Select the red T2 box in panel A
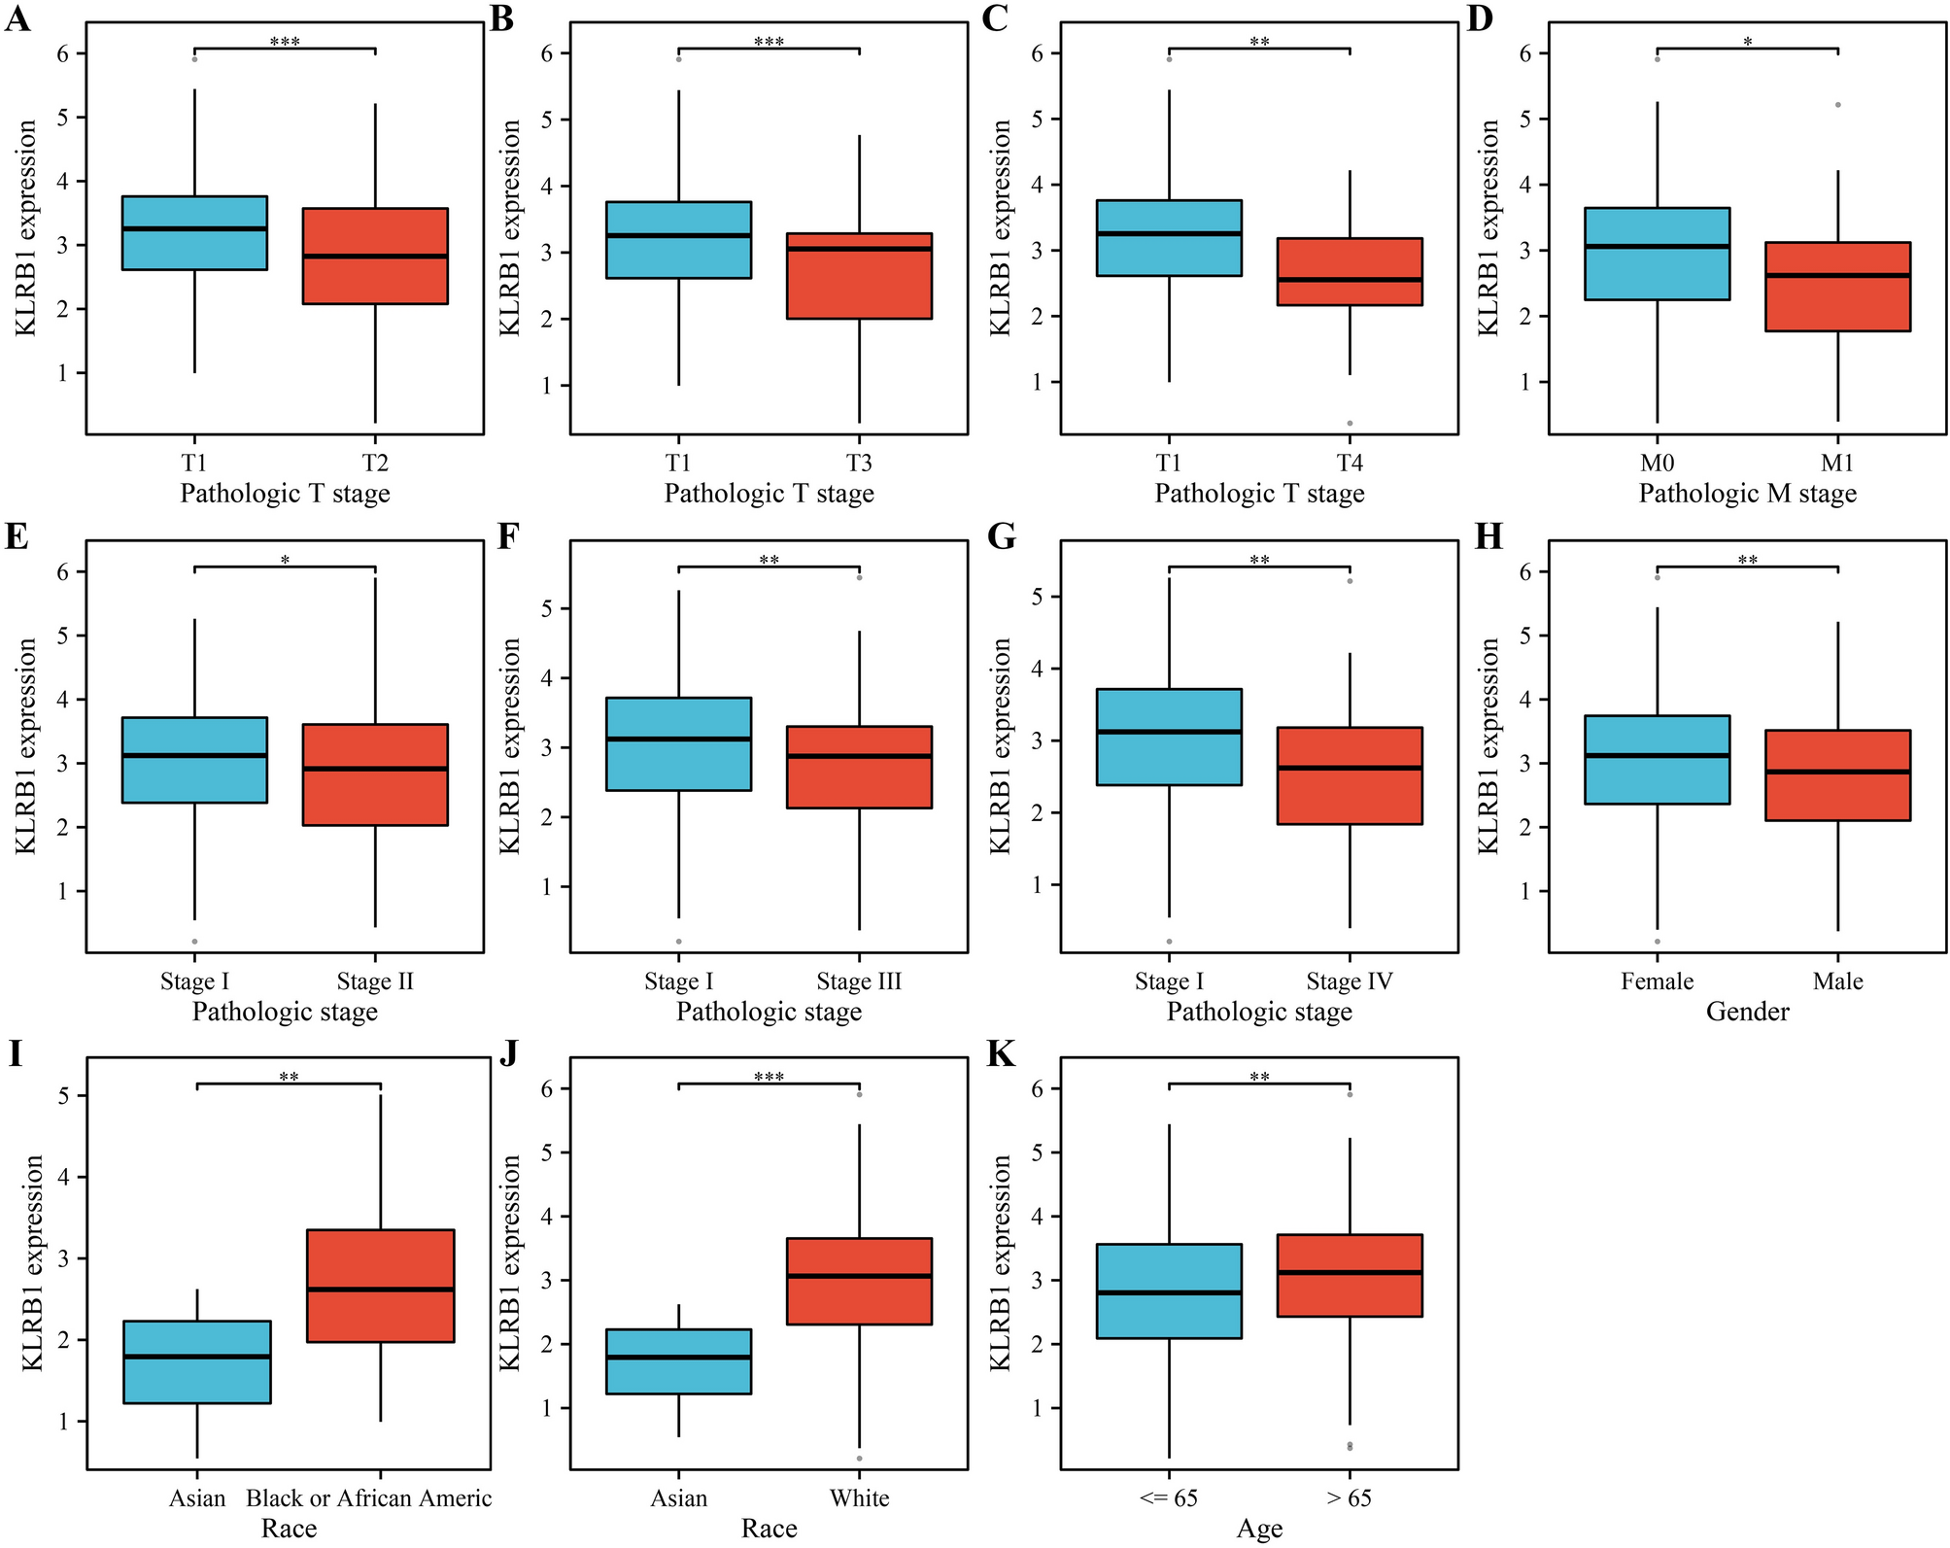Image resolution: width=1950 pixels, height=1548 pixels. tap(375, 256)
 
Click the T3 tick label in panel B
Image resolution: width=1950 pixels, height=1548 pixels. tap(859, 463)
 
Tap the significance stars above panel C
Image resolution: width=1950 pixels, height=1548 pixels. tap(1259, 42)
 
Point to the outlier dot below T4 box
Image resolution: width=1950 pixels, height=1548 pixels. tap(1350, 423)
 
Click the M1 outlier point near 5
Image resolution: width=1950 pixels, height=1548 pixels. tap(1837, 104)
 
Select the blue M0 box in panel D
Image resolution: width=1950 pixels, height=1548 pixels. tap(1658, 254)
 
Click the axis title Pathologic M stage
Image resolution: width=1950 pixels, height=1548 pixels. tap(1747, 494)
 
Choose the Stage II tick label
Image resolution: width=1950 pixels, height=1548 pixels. tap(375, 981)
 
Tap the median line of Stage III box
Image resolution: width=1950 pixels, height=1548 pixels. tap(859, 756)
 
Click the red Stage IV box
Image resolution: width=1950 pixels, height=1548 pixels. tap(1350, 775)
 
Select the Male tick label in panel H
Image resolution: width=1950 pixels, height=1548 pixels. tap(1837, 981)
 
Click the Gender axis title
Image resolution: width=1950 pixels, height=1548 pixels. tap(1747, 1012)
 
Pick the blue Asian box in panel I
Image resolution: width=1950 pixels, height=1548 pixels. tap(197, 1361)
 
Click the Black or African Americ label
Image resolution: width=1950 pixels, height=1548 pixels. tap(369, 1497)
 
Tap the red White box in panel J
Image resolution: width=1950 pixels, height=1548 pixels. tap(859, 1281)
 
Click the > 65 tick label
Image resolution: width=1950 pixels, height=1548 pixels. tap(1350, 1497)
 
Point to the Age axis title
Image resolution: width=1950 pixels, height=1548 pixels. tap(1259, 1529)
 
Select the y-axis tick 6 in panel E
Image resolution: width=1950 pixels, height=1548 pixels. tap(63, 572)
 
